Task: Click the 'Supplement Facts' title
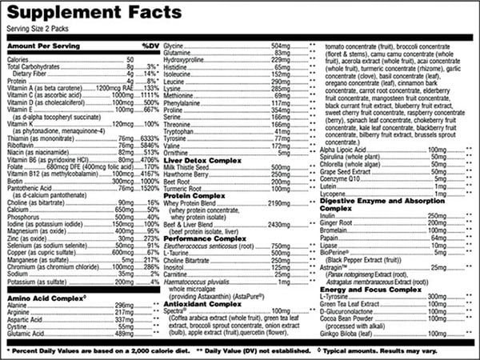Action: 100,12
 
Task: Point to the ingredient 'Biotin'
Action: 17,182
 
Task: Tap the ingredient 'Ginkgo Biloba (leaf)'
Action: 350,334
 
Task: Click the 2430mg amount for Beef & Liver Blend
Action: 284,225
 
